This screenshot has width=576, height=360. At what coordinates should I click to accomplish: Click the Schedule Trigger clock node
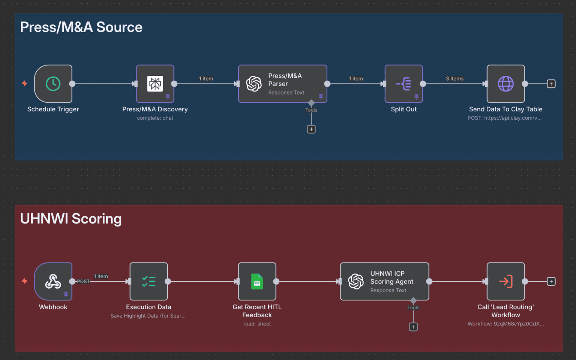click(53, 84)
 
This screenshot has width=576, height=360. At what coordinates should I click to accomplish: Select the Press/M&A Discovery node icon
click(155, 84)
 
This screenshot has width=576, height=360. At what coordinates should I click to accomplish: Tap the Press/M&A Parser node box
click(282, 84)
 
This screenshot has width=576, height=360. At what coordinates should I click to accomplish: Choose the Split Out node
click(403, 84)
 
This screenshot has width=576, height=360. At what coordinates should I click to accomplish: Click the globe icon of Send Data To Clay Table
click(505, 84)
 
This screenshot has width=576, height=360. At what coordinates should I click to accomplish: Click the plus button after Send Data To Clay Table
click(551, 84)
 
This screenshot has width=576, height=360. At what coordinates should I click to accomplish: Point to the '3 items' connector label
click(454, 79)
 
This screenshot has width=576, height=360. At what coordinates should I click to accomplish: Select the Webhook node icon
click(53, 281)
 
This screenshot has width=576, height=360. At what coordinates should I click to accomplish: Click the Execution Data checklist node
click(148, 281)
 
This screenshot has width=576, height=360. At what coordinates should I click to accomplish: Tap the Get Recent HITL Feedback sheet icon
click(257, 281)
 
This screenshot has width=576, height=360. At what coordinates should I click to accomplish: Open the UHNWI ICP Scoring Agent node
click(384, 281)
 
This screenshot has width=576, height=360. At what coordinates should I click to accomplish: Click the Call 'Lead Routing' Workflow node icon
click(505, 281)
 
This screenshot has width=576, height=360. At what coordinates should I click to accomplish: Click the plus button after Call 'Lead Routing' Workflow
click(551, 281)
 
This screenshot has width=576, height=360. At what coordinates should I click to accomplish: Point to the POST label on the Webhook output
click(83, 281)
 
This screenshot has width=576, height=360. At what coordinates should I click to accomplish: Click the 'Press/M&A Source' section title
click(81, 27)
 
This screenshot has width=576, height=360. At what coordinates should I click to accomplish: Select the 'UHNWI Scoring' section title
click(71, 219)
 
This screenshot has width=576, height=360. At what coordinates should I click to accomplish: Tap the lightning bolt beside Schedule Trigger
click(24, 83)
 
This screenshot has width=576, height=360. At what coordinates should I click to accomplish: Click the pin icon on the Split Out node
click(416, 97)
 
